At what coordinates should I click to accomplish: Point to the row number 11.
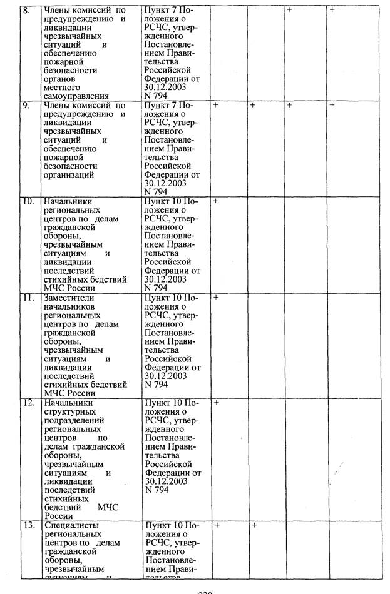pyautogui.click(x=28, y=298)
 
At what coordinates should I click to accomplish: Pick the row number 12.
pyautogui.click(x=28, y=403)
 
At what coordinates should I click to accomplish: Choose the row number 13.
pyautogui.click(x=28, y=525)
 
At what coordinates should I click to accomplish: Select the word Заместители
pyautogui.click(x=70, y=298)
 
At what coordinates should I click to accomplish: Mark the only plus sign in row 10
pyautogui.click(x=215, y=201)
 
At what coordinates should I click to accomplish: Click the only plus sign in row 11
pyautogui.click(x=215, y=298)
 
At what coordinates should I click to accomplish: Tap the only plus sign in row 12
pyautogui.click(x=215, y=402)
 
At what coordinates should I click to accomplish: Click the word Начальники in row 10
pyautogui.click(x=68, y=202)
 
